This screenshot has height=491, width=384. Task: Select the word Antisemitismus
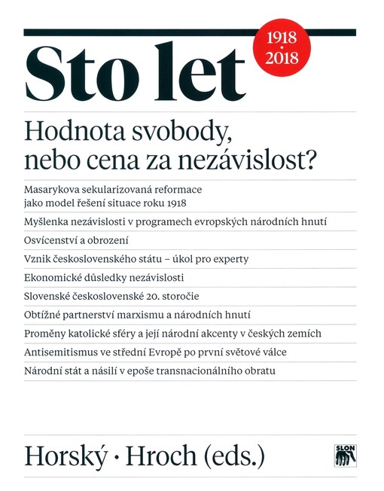tap(64, 352)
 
